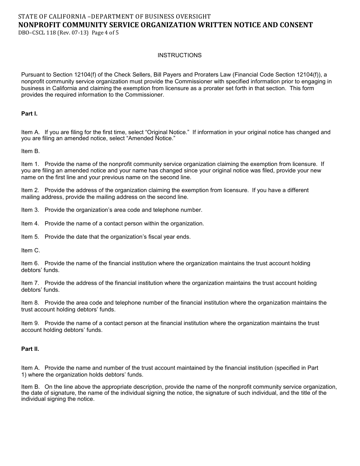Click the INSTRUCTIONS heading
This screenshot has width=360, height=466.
pos(179,55)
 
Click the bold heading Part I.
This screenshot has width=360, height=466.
pos(29,114)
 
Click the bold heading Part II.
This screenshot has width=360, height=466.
pos(30,349)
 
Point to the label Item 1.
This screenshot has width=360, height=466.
pos(30,164)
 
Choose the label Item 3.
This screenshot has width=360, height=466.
pos(30,210)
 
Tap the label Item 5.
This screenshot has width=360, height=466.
pos(30,237)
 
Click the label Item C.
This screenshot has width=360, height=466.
pos(30,250)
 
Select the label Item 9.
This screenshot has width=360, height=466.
pos(30,323)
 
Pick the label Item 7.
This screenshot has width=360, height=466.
pos(30,283)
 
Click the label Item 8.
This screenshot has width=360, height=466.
pos(30,303)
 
